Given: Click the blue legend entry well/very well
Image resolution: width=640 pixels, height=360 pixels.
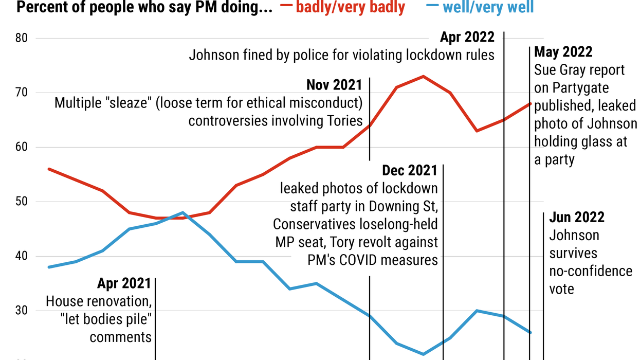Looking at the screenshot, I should [x=487, y=7].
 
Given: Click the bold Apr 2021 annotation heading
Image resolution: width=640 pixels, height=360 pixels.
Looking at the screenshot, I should [x=124, y=283].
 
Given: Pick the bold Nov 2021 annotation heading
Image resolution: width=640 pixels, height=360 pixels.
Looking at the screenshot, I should [x=334, y=85].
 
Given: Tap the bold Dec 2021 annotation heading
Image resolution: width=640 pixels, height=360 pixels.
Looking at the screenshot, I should [x=410, y=170].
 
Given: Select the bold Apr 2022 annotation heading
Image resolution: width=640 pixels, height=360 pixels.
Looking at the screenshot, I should [x=467, y=37].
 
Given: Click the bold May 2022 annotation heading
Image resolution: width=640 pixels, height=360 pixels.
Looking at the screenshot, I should [x=563, y=52].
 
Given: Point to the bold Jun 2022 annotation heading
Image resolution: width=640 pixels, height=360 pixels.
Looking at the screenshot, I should [x=577, y=217].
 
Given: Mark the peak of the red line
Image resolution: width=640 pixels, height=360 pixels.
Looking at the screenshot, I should [x=423, y=77].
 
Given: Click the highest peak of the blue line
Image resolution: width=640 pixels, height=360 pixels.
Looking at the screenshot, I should [x=183, y=212].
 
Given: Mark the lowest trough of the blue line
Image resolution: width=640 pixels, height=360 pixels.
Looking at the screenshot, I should [x=423, y=354].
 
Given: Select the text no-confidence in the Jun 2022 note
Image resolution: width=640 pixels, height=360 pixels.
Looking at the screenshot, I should [x=591, y=271].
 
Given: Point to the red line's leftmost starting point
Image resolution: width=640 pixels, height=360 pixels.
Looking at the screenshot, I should [x=48, y=169].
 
